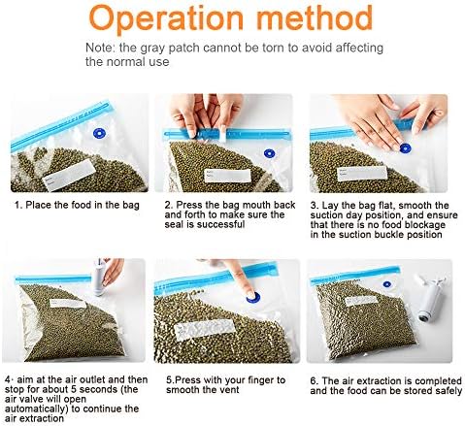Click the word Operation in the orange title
point(166,18)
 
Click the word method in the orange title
point(315,16)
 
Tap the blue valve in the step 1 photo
point(99,133)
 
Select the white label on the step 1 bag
point(69,175)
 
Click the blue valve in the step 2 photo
point(269,153)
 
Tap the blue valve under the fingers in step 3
point(405,148)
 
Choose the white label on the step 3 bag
point(362,174)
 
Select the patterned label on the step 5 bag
point(204,329)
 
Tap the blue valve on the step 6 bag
point(386,284)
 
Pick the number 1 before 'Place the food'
point(17,205)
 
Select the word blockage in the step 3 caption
point(425,224)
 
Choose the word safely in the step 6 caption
point(448,390)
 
